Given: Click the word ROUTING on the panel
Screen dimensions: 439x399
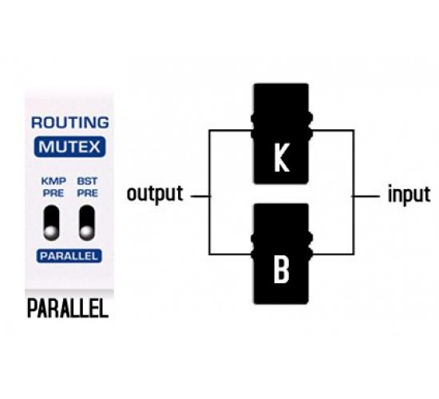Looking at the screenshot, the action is (x=70, y=123).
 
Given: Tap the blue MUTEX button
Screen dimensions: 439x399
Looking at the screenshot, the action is (x=69, y=147).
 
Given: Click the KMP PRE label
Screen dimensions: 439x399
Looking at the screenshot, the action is (x=53, y=187).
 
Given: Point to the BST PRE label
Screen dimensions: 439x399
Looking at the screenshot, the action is (x=87, y=187).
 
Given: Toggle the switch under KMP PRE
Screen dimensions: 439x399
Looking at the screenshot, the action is (x=52, y=223).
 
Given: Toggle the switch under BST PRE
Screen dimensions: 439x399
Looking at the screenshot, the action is (x=87, y=223).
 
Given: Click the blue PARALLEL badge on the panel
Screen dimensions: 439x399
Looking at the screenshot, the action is (x=69, y=256).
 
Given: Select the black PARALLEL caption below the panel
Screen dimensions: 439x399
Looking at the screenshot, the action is (x=68, y=308).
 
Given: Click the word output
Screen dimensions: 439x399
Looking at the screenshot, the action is (x=155, y=194).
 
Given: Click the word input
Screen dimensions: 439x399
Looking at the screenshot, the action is (x=409, y=194).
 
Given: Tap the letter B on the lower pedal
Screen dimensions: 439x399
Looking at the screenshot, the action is (x=281, y=270).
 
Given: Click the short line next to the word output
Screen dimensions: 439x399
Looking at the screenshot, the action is (x=200, y=196).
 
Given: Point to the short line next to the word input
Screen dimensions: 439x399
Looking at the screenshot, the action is (x=366, y=196).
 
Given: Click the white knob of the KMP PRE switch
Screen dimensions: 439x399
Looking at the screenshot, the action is (x=50, y=232).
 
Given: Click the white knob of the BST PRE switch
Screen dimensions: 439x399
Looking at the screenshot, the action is (x=86, y=232).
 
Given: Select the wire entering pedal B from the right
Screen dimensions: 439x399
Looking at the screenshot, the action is (x=332, y=255).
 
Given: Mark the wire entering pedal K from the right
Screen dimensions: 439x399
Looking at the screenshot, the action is (x=332, y=131).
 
